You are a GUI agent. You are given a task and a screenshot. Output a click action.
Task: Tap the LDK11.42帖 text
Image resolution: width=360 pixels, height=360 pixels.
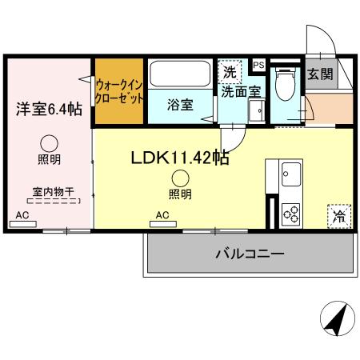tap(180, 158)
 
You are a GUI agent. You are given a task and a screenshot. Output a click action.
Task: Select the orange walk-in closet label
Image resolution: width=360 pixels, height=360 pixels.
tap(119, 90)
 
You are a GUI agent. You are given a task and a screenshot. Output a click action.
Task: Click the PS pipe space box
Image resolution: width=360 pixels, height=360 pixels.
tap(258, 65)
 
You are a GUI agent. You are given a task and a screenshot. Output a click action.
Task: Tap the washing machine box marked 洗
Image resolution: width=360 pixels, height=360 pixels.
tap(230, 71)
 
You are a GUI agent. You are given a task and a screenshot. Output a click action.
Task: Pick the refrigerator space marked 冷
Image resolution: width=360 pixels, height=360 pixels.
tap(339, 215)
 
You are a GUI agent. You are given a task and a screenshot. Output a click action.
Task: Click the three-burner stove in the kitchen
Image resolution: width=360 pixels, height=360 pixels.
tap(290, 214)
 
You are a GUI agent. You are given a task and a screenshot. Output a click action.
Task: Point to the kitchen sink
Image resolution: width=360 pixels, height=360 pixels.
tap(290, 172)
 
